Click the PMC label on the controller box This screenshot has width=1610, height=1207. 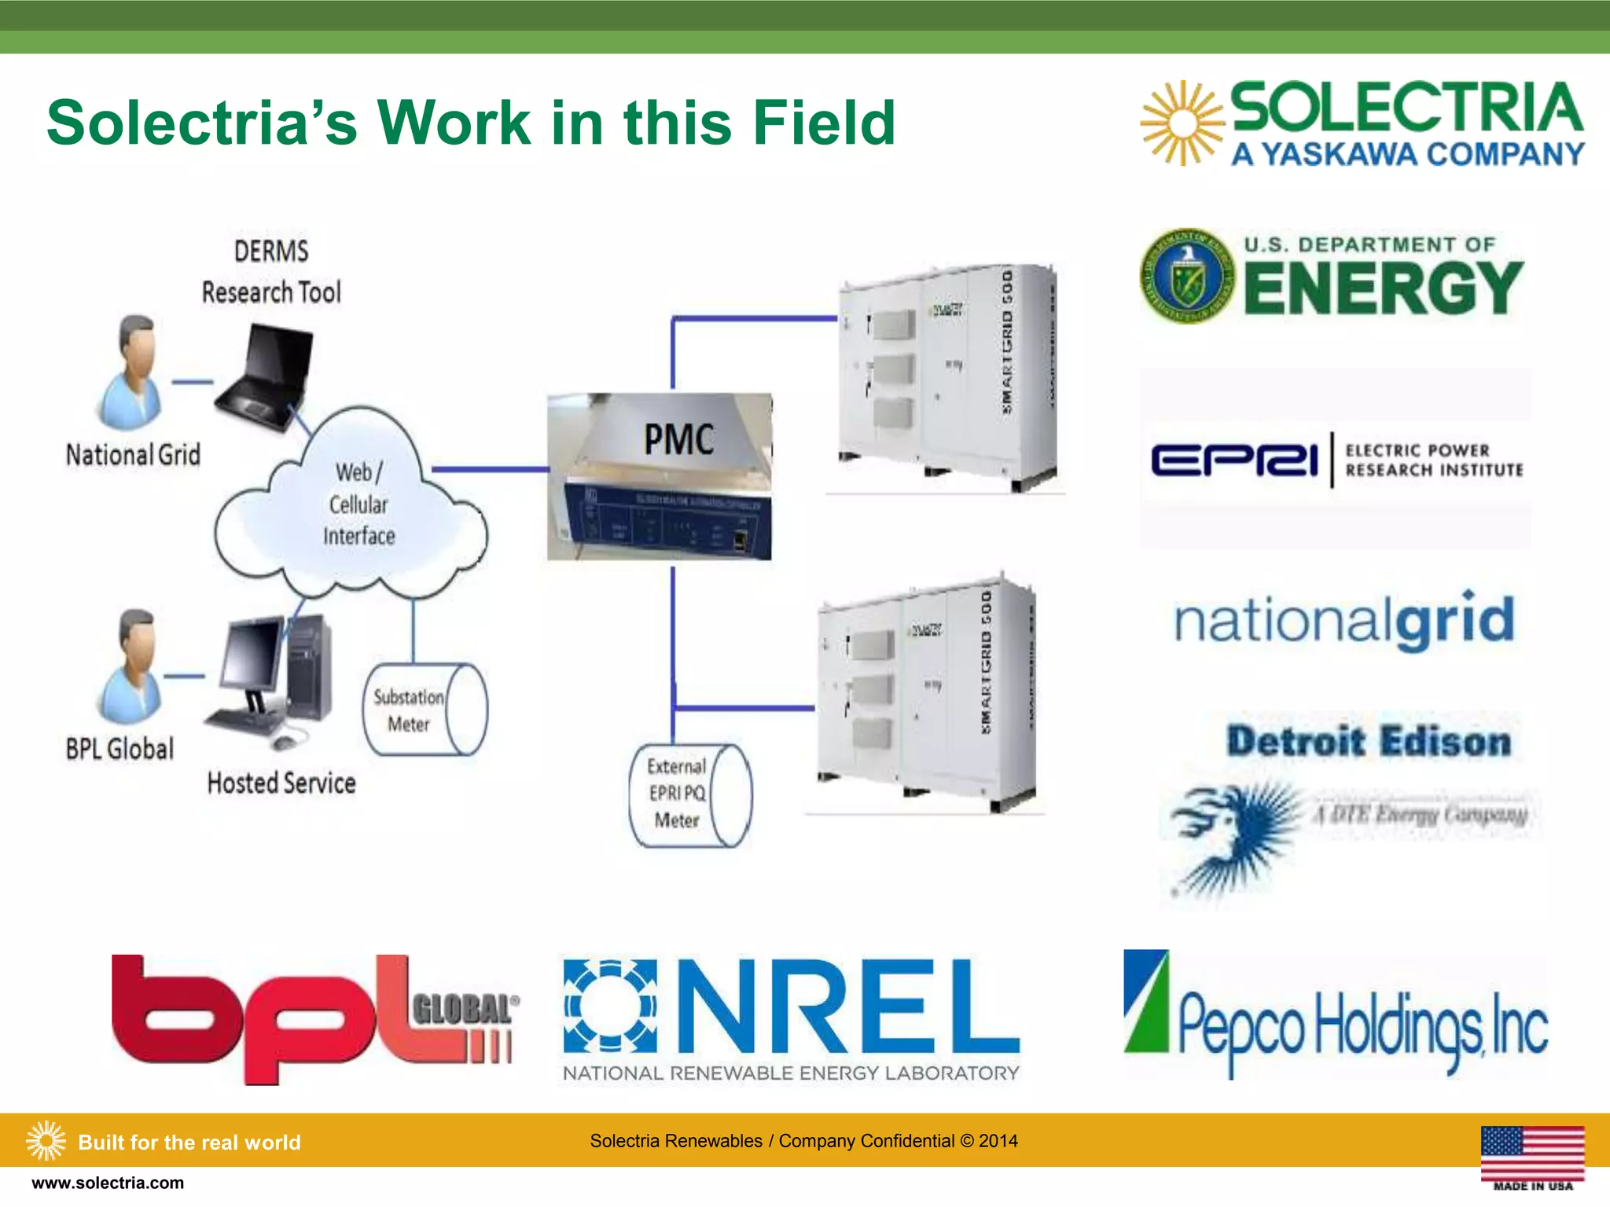[x=678, y=438]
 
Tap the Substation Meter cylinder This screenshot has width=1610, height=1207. [x=424, y=710]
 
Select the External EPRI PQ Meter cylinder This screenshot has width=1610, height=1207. [x=689, y=794]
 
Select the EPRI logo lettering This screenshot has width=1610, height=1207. [x=1234, y=460]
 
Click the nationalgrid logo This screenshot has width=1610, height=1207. [x=1344, y=621]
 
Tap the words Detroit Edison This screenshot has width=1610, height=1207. [x=1369, y=742]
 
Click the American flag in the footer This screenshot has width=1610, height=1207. [x=1532, y=1153]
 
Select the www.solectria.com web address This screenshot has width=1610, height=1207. [x=108, y=1183]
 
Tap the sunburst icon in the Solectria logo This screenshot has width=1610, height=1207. [x=1182, y=123]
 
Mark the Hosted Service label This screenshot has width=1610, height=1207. [x=281, y=783]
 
